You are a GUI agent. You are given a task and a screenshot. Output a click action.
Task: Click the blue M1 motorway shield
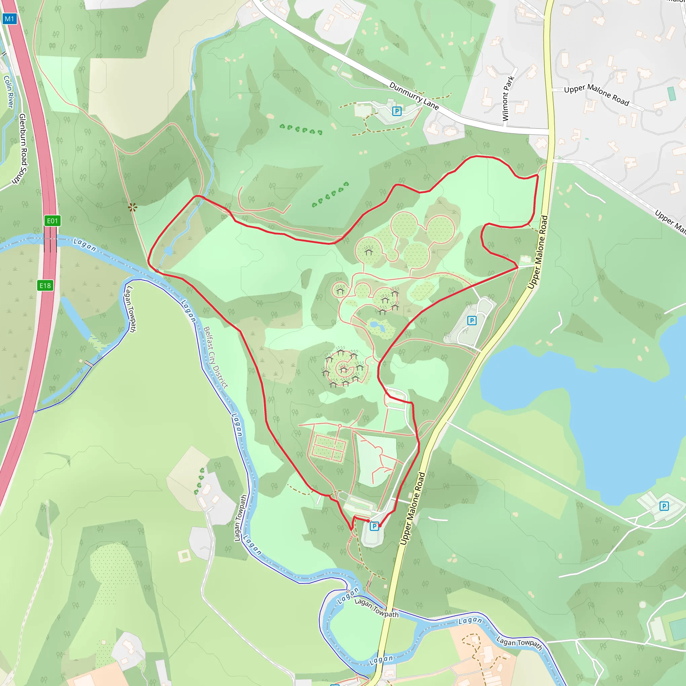[10, 19]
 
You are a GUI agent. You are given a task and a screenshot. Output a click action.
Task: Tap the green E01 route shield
[52, 221]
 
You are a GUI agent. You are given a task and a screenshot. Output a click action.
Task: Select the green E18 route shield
[45, 285]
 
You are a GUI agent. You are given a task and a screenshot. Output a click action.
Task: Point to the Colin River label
[8, 91]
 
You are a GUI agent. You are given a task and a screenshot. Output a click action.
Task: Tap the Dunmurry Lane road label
[414, 95]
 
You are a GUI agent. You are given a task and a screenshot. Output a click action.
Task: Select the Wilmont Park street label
[508, 98]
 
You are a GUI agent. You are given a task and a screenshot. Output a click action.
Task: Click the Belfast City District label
[215, 357]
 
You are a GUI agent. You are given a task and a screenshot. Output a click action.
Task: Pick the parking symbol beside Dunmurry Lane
[397, 111]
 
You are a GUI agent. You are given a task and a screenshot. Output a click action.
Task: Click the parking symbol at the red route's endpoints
[374, 526]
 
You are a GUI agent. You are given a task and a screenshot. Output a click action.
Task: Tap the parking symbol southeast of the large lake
[664, 506]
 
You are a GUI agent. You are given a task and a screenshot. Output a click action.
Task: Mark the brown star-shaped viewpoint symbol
[132, 207]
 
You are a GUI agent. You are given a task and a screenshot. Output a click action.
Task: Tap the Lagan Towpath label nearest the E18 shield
[130, 309]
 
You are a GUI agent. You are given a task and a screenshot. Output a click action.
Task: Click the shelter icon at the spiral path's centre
[343, 370]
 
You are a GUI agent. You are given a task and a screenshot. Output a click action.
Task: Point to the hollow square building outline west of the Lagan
[184, 556]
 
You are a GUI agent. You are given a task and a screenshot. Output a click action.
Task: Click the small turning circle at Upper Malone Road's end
[659, 113]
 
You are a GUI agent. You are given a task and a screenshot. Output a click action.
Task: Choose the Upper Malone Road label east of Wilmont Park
[596, 94]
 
